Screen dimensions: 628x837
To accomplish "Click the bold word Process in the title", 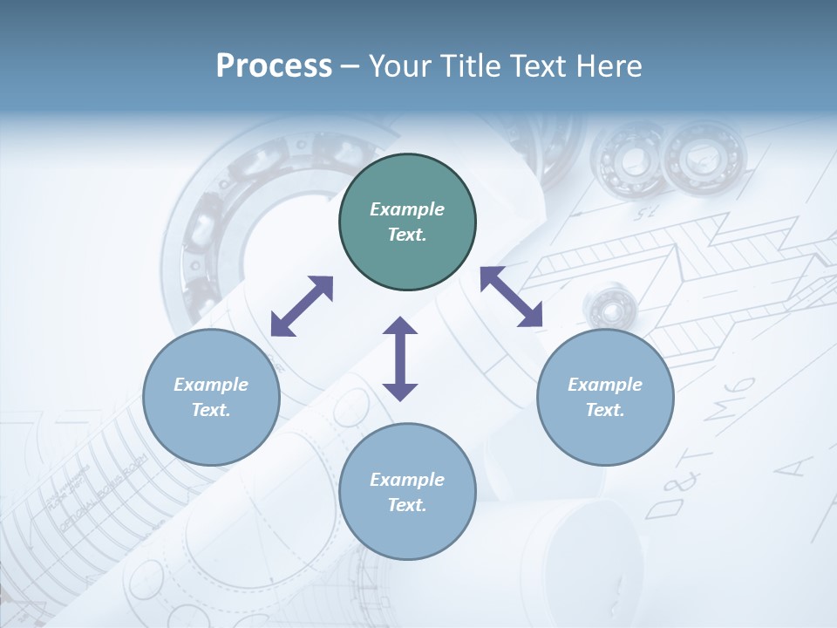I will tap(274, 66).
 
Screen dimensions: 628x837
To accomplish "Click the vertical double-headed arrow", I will tap(400, 358).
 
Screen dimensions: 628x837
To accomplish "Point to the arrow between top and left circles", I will tap(302, 306).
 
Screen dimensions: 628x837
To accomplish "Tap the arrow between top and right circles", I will tap(511, 297).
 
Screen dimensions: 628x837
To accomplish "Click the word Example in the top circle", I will tap(407, 209).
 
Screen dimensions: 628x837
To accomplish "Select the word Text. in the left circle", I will tap(211, 410).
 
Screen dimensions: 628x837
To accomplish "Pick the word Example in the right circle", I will tap(605, 385).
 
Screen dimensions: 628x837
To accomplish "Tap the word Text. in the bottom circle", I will tap(407, 505).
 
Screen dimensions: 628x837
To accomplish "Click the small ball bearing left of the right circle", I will tap(606, 306).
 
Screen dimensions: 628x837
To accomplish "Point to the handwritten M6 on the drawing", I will tap(731, 398).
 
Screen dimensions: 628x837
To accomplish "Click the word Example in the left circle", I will tap(211, 385).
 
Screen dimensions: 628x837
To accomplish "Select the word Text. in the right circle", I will tap(605, 410).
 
